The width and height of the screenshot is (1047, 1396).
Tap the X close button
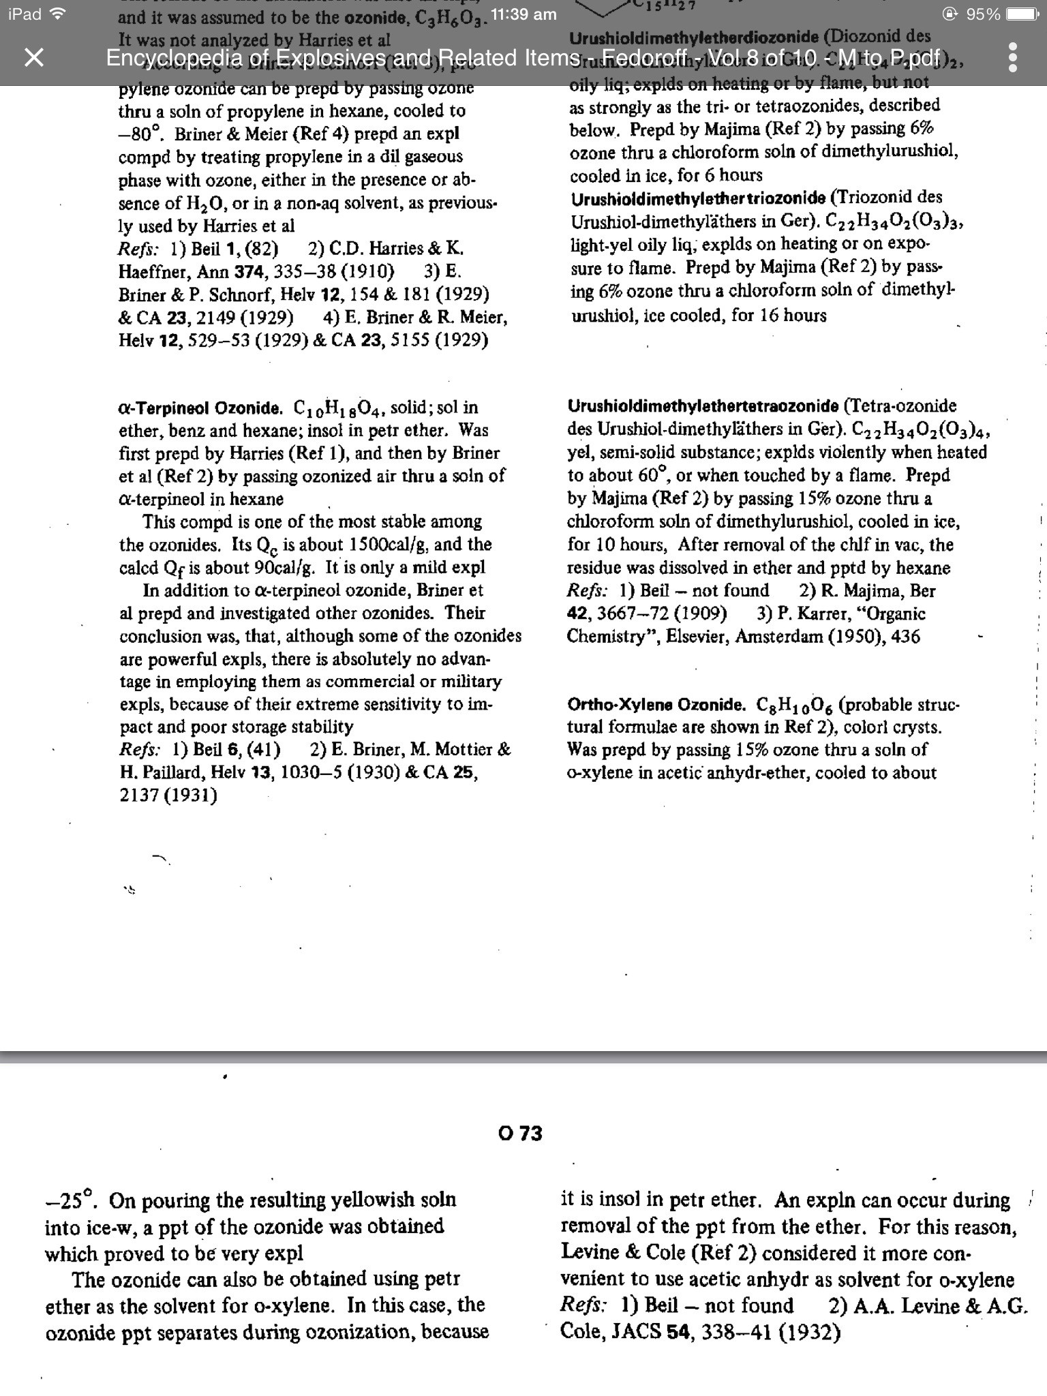point(33,58)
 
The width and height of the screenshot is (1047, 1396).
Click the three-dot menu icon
point(1012,58)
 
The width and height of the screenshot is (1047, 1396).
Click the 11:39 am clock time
point(523,14)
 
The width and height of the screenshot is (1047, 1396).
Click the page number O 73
point(520,1134)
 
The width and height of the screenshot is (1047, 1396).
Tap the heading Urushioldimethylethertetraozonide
point(703,407)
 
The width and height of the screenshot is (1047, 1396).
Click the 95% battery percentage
point(982,14)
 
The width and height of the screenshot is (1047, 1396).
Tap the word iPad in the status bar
point(25,14)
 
